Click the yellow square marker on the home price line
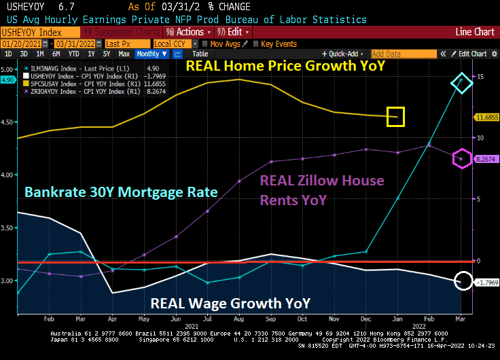(395, 117)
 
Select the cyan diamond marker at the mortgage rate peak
(461, 84)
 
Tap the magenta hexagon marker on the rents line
(461, 159)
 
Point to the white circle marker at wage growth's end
(462, 281)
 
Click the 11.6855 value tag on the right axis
(487, 118)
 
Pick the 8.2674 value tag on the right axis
(487, 159)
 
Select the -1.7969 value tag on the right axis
(487, 282)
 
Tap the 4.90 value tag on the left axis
(7, 80)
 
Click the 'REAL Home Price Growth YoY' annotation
(285, 66)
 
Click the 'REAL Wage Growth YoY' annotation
(230, 303)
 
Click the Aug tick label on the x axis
(238, 318)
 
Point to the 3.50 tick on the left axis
(8, 228)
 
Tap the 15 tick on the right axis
(479, 77)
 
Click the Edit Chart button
(469, 54)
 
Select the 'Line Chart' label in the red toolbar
(474, 32)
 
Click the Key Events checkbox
(257, 43)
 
